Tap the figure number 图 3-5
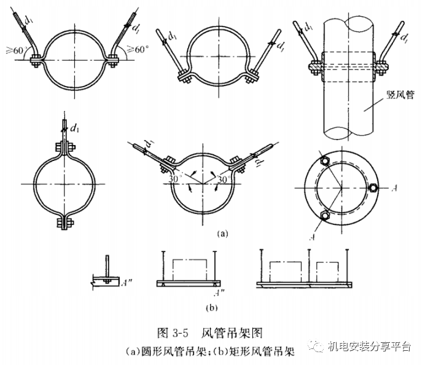[x=171, y=334]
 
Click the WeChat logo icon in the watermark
[x=320, y=349]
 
